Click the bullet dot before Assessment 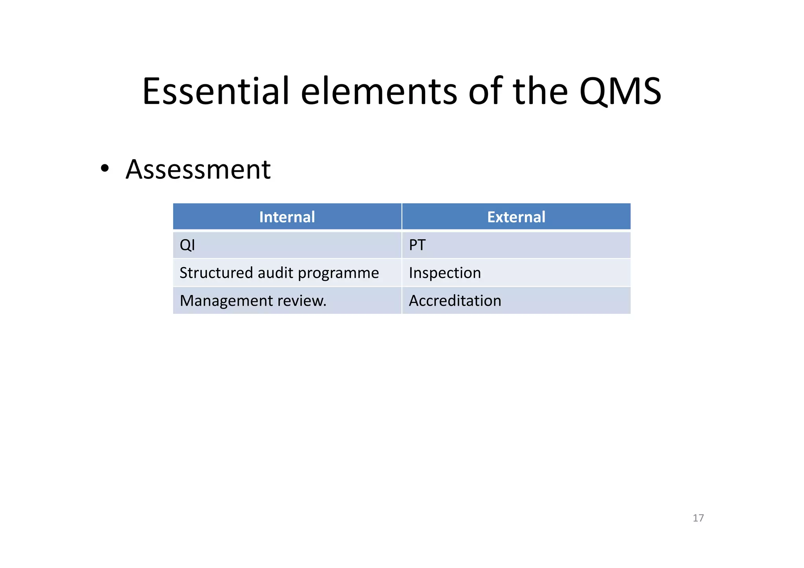click(x=104, y=169)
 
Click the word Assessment click(x=198, y=170)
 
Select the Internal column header click(x=287, y=217)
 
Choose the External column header click(x=516, y=217)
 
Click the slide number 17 click(x=698, y=518)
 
